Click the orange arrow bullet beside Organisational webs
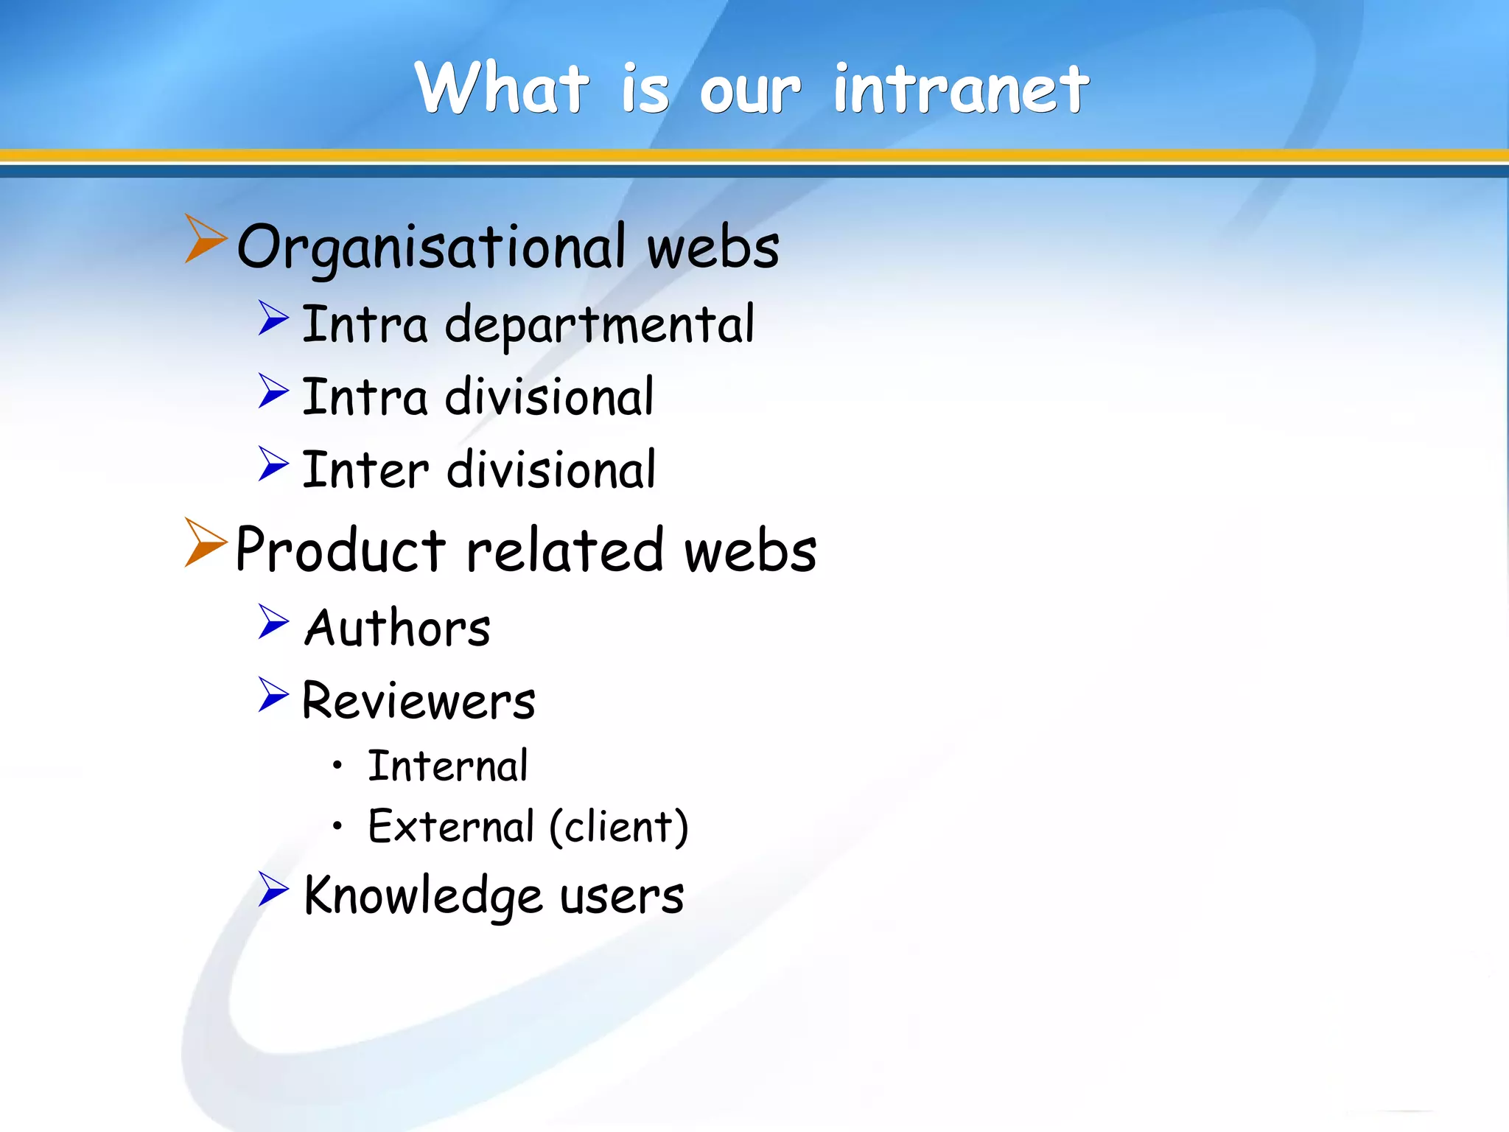point(204,239)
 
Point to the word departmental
point(600,325)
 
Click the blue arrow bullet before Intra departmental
point(273,318)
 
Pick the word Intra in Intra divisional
point(365,397)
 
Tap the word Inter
point(365,470)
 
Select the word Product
point(340,551)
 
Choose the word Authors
point(398,629)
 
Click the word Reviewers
point(419,701)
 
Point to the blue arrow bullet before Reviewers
point(273,695)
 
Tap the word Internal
point(448,766)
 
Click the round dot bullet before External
point(337,825)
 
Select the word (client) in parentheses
point(619,827)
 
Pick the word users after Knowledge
point(622,897)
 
